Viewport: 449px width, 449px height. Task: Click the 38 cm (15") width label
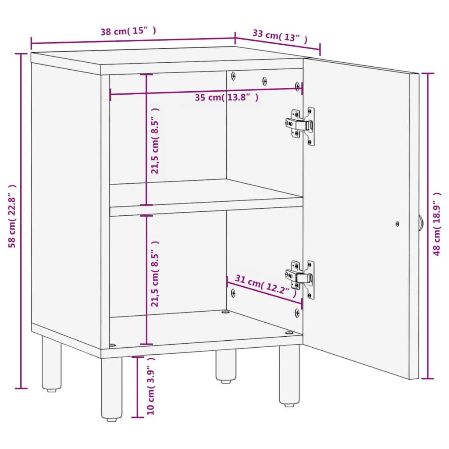click(x=128, y=31)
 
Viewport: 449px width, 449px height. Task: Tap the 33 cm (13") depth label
click(x=280, y=36)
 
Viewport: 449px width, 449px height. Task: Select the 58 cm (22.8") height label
click(x=12, y=216)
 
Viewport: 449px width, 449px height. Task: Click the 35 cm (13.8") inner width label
click(x=227, y=97)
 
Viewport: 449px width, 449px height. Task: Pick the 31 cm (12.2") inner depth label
click(x=266, y=286)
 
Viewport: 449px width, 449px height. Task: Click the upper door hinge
click(x=300, y=126)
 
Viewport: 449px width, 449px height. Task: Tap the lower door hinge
click(x=300, y=279)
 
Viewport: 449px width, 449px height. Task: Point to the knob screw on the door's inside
click(x=397, y=224)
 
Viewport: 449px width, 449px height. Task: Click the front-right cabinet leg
click(x=289, y=375)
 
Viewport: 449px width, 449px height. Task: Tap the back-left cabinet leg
click(x=52, y=363)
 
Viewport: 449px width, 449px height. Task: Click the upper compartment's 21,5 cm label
click(x=155, y=141)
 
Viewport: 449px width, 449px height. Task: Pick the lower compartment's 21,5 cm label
click(x=155, y=274)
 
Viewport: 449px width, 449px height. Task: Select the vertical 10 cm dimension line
click(x=138, y=387)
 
